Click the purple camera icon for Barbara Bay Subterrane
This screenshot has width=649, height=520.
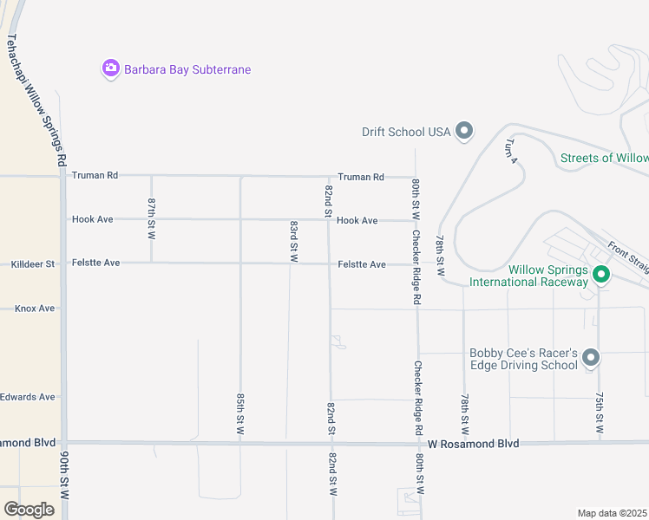pyautogui.click(x=110, y=68)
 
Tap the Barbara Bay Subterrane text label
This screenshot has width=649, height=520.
pyautogui.click(x=187, y=69)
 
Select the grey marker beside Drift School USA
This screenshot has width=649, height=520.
pyautogui.click(x=464, y=132)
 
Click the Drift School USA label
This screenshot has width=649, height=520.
pyautogui.click(x=406, y=132)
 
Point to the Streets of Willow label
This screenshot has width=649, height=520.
pyautogui.click(x=604, y=158)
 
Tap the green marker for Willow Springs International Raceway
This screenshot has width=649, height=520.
pyautogui.click(x=600, y=275)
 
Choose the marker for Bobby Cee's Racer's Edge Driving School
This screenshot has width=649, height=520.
pyautogui.click(x=591, y=357)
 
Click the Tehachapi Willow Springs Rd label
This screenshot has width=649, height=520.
pyautogui.click(x=36, y=101)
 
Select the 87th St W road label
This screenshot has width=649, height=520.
pyautogui.click(x=151, y=218)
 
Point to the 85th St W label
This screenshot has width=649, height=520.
pyautogui.click(x=240, y=413)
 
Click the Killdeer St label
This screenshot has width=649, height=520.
pyautogui.click(x=32, y=263)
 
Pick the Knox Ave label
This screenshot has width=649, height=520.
pyautogui.click(x=35, y=308)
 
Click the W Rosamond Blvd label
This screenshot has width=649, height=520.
pyautogui.click(x=473, y=443)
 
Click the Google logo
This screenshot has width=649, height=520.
pyautogui.click(x=29, y=510)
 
